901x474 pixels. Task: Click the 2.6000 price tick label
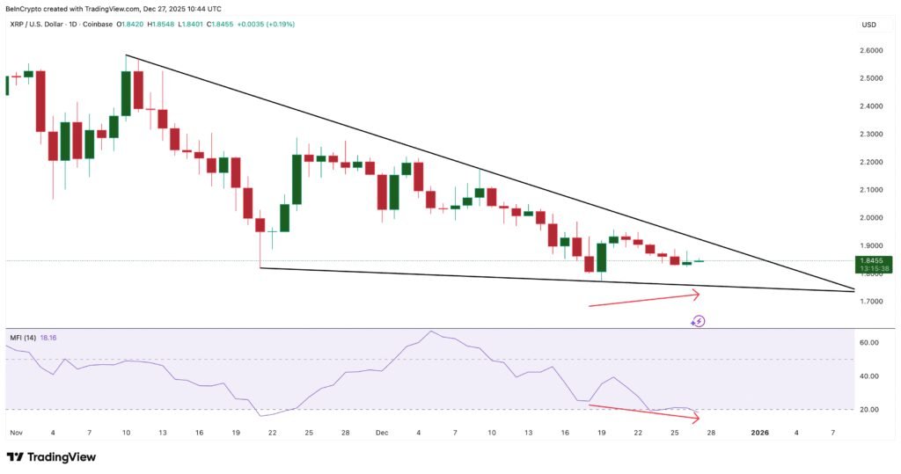(x=873, y=51)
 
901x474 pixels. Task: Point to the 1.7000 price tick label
(x=873, y=302)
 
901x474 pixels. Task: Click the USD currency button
(x=869, y=25)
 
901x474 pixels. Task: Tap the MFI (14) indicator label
(x=24, y=337)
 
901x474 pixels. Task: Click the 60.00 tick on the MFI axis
(x=869, y=342)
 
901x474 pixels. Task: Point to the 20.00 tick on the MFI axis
(x=869, y=410)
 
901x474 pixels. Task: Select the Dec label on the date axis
(x=382, y=433)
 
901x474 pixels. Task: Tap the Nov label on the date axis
(x=16, y=433)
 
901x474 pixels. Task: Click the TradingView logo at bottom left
(x=51, y=457)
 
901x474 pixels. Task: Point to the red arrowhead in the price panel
(x=697, y=295)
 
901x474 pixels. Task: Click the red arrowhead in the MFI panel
(x=696, y=417)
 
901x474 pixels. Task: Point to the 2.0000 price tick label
(x=873, y=218)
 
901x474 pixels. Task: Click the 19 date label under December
(x=601, y=433)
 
